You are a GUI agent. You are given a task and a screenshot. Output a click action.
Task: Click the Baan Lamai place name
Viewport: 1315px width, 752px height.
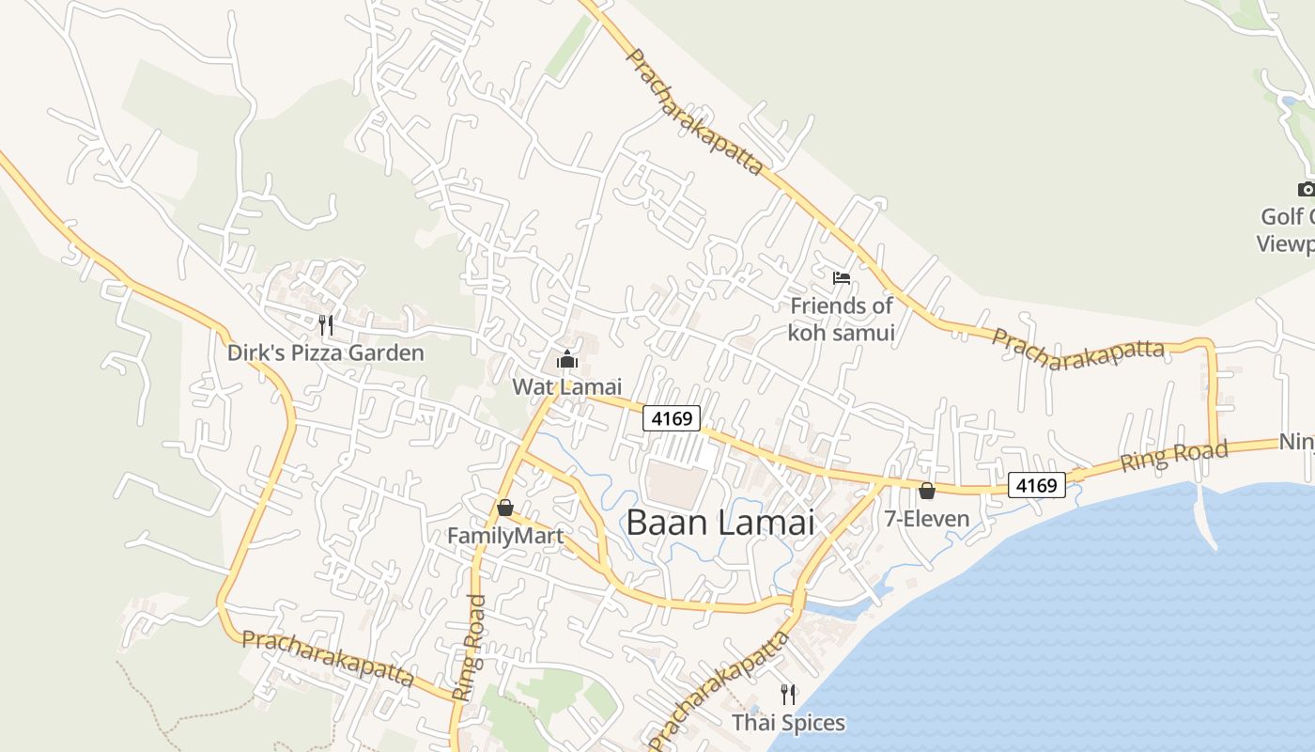click(719, 523)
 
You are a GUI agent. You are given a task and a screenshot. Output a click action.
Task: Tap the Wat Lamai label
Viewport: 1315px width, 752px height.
click(566, 386)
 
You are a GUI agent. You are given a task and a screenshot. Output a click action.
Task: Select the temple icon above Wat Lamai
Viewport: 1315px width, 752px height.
click(566, 359)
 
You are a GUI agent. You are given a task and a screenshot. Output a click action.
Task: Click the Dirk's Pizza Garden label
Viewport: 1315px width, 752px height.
click(325, 353)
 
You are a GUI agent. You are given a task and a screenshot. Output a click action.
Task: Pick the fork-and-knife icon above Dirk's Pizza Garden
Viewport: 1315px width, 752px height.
click(326, 325)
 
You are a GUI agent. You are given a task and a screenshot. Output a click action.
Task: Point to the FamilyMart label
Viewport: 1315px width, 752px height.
click(505, 536)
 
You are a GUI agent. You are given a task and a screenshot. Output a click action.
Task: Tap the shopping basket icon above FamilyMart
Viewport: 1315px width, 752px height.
click(505, 509)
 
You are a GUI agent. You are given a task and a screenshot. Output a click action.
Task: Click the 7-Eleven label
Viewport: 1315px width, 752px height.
click(927, 518)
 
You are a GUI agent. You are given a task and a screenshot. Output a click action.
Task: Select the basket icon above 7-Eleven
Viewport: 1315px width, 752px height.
click(927, 491)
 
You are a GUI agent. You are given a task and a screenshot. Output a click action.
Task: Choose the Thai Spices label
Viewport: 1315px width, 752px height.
click(788, 723)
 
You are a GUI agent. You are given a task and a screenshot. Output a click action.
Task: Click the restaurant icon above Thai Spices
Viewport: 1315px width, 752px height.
click(788, 695)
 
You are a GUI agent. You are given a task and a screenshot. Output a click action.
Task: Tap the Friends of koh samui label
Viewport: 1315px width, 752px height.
click(841, 319)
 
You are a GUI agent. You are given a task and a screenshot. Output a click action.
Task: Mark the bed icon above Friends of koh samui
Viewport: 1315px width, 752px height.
click(842, 277)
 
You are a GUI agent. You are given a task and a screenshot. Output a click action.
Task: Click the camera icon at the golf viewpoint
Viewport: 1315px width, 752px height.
click(1306, 190)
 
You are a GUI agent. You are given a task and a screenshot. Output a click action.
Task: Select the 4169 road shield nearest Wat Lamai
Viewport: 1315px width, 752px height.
click(672, 418)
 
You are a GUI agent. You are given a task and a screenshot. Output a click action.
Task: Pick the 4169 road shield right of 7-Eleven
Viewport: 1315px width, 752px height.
click(1038, 485)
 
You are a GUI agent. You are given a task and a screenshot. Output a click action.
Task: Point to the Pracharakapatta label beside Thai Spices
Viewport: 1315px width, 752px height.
click(719, 691)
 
